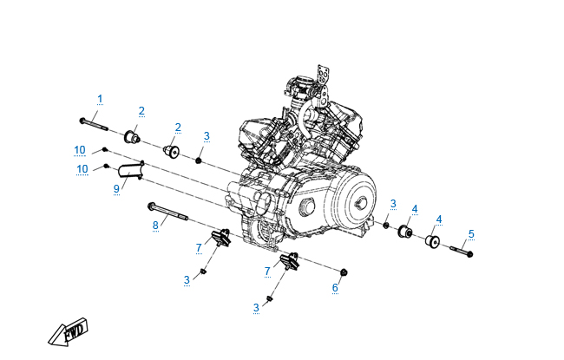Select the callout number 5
point(471,234)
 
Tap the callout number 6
point(335,287)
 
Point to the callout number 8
point(156,226)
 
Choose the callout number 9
point(116,188)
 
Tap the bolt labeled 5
point(461,252)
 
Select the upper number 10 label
point(80,150)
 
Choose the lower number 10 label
point(82,168)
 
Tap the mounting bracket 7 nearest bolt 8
point(219,237)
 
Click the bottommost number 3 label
point(256,308)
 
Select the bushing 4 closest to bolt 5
point(432,239)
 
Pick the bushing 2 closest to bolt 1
point(132,136)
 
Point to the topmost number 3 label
point(207,136)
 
